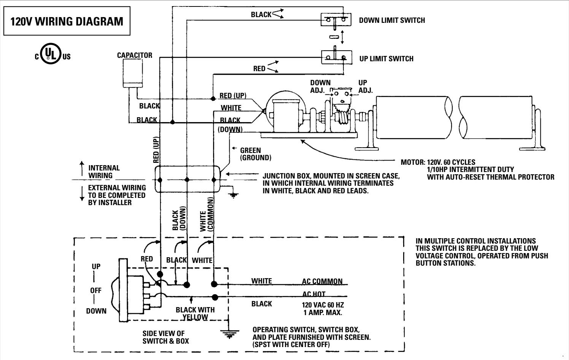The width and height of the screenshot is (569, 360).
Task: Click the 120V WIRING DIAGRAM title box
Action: [67, 21]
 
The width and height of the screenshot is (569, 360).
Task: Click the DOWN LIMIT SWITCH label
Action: [392, 20]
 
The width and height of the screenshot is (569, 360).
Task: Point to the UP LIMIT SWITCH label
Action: [386, 59]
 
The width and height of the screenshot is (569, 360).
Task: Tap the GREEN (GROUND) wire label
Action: [255, 154]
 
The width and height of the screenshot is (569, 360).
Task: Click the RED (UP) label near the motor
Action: [233, 96]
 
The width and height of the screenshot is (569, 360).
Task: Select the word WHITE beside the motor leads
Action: [231, 108]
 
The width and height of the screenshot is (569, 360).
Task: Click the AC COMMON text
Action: [322, 282]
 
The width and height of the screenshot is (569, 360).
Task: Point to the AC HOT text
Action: [314, 294]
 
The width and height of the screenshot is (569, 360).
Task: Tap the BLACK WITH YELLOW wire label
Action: [195, 313]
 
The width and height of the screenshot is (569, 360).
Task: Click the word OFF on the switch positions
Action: [96, 290]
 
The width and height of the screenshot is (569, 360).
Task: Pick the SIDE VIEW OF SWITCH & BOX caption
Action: [165, 337]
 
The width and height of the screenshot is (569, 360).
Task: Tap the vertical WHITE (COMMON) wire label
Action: [207, 215]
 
